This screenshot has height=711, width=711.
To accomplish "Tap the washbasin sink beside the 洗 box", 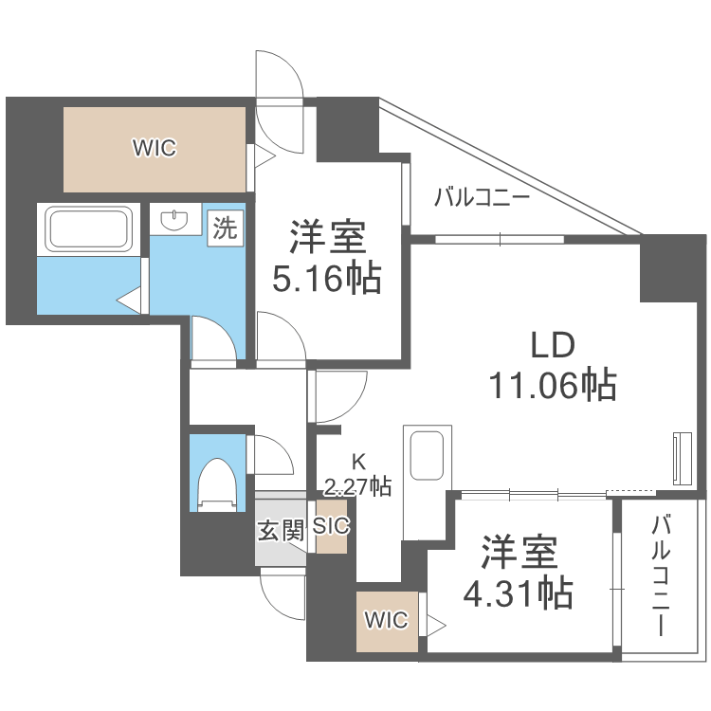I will tap(173, 221).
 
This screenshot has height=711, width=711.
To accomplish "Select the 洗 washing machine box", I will tap(226, 227).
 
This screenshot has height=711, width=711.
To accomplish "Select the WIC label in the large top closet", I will tap(155, 148).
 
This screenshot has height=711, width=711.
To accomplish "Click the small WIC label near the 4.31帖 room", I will tap(386, 621).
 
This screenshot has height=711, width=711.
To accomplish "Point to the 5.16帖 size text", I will tap(326, 279).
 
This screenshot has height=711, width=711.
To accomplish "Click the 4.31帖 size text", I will tap(517, 593).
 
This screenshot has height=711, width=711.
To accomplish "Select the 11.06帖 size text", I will tap(553, 384).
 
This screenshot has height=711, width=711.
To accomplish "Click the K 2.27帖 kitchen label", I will tap(357, 476).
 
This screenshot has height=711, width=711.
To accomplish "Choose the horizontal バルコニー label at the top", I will tap(482, 198).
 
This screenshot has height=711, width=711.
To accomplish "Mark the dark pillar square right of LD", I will tap(669, 270).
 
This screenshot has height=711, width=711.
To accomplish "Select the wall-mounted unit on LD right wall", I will tap(681, 459).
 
